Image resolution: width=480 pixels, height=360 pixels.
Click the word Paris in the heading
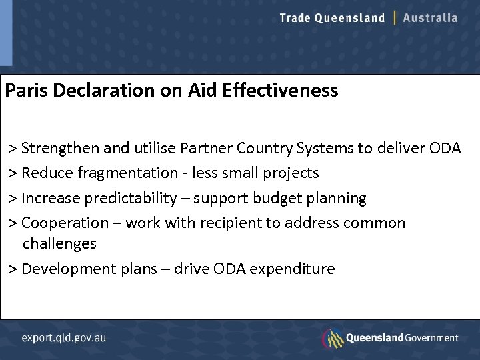coord(26,90)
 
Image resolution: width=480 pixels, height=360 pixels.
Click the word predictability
coord(132,199)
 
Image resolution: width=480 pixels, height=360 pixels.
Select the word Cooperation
coord(65,223)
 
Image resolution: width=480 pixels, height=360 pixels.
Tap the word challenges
coord(59,244)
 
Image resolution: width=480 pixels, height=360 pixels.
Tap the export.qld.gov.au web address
coord(63,337)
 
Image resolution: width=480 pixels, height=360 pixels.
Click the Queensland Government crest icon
coord(332,338)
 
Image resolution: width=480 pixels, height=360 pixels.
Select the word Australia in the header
coord(431,18)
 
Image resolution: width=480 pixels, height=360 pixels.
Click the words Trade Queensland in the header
coord(332,18)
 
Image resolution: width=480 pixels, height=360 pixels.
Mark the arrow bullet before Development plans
coord(13,269)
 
